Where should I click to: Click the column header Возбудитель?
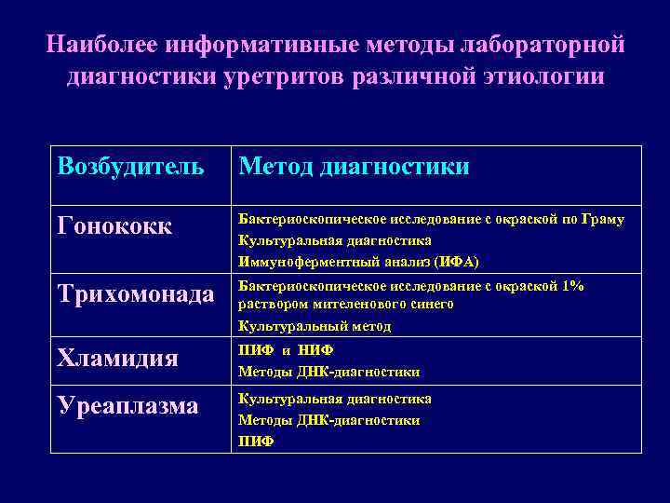tap(130, 167)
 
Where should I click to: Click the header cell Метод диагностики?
tap(354, 167)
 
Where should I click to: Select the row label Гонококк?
tap(114, 227)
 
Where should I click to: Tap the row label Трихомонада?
tap(135, 294)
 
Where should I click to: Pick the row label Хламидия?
tap(117, 359)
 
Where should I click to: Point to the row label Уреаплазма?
tap(127, 407)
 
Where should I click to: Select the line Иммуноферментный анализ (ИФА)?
tap(358, 261)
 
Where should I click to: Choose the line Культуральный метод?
tap(315, 326)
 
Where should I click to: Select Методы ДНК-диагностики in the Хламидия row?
tap(328, 372)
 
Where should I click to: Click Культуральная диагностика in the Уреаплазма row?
tap(334, 399)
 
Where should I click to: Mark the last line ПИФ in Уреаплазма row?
tap(256, 441)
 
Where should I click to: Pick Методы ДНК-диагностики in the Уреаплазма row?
tap(328, 420)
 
